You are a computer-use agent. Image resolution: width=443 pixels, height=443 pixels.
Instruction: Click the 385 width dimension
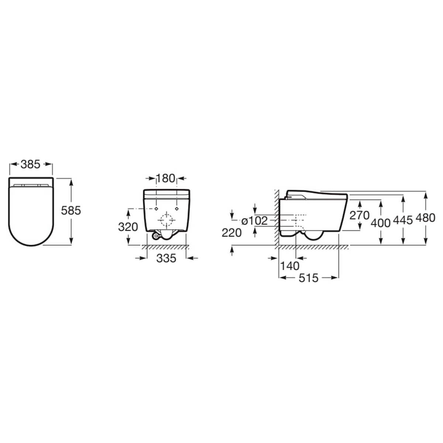[30, 165]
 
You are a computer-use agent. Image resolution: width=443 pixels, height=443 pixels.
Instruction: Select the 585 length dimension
[71, 210]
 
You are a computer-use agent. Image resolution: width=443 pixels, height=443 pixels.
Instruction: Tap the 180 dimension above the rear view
[165, 178]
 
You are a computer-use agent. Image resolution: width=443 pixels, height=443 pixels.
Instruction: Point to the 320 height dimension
[128, 227]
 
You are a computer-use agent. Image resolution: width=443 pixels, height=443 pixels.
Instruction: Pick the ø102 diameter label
[254, 221]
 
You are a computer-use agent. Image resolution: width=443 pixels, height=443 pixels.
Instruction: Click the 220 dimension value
[231, 233]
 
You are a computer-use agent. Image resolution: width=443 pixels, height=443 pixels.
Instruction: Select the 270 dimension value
[359, 215]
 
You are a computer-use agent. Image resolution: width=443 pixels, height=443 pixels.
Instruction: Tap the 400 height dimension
[381, 223]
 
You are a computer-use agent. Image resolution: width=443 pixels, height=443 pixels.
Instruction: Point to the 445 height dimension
[403, 220]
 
